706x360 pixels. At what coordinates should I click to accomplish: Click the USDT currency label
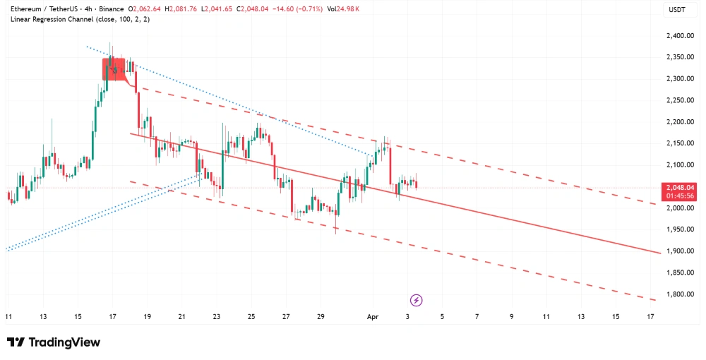coord(678,9)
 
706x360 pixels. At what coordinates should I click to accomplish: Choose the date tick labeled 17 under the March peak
coord(113,317)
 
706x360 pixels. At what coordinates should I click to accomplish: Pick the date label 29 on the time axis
coord(321,317)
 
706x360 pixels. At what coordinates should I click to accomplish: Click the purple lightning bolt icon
coord(417,300)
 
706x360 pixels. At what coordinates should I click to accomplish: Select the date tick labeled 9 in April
coord(511,317)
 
